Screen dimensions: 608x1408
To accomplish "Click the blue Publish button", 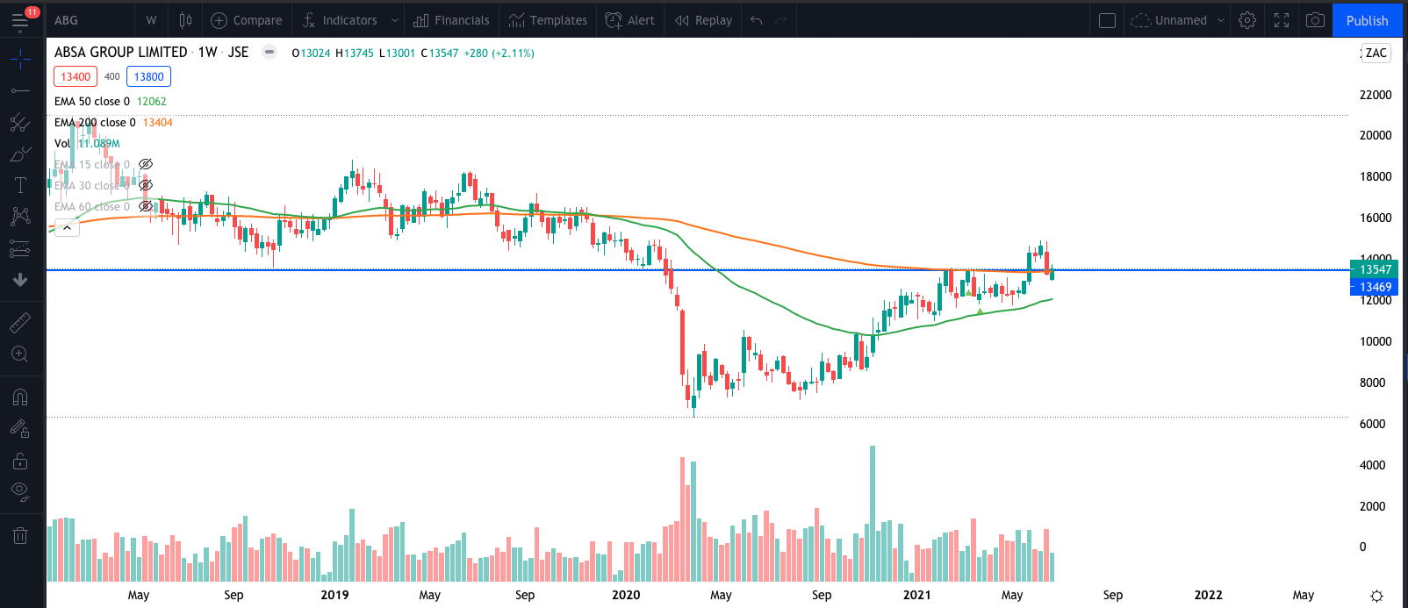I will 1367,20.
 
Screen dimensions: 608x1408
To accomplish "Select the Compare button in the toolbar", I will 247,20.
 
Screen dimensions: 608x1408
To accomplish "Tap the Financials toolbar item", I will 452,20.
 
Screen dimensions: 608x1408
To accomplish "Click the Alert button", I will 630,20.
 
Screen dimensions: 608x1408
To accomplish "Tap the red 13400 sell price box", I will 75,76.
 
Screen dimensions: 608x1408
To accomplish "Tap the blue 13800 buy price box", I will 148,76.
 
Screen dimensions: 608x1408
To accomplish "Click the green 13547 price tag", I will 1375,269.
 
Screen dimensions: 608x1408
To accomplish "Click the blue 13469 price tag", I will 1375,287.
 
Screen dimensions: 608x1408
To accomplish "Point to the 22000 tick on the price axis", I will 1375,95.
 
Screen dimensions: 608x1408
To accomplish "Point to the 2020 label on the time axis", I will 626,595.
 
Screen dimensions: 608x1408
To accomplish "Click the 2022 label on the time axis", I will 1208,595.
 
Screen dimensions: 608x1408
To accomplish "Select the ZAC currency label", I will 1376,53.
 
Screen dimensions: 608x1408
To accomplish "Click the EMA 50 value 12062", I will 151,102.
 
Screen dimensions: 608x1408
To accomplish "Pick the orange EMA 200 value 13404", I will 158,123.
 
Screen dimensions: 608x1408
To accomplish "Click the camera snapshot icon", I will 1315,20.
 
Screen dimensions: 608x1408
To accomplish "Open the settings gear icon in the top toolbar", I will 1247,20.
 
